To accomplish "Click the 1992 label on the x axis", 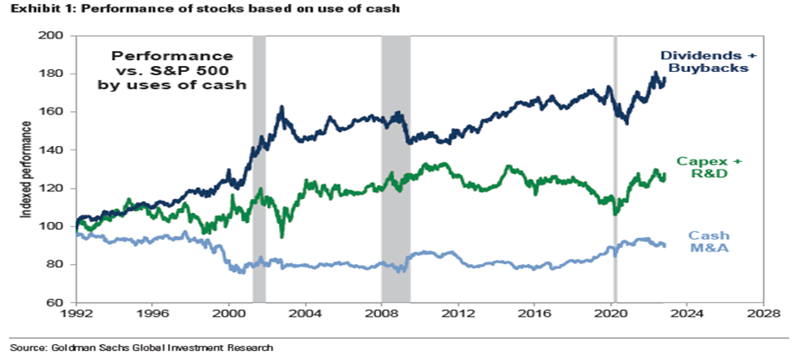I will tap(76, 315).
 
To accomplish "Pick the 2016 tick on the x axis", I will tap(535, 315).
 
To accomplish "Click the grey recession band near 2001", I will tap(259, 167).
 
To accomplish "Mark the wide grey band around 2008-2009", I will tap(396, 167).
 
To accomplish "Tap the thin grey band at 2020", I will tap(615, 167).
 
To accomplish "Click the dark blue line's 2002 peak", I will tap(282, 107).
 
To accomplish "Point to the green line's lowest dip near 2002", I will tap(282, 236).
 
